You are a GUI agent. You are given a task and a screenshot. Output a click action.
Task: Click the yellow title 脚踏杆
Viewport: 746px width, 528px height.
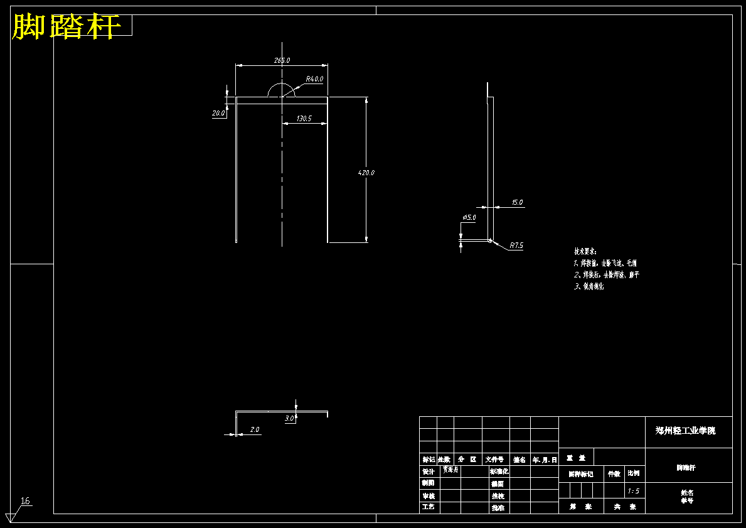[x=66, y=27]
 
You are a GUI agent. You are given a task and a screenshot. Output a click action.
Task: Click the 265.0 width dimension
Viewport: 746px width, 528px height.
[x=282, y=60]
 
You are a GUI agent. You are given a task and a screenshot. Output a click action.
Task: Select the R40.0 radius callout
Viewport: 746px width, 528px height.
[x=314, y=79]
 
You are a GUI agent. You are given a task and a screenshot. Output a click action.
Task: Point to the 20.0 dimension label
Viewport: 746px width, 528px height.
[x=218, y=114]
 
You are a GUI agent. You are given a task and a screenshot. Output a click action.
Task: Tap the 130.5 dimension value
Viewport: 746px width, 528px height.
[x=304, y=118]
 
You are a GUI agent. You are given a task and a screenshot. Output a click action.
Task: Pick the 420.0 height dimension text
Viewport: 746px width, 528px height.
[x=366, y=172]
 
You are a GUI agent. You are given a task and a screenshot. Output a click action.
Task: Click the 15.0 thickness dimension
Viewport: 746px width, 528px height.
[x=517, y=202]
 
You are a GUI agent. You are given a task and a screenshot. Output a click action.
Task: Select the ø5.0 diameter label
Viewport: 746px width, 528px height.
[x=469, y=217]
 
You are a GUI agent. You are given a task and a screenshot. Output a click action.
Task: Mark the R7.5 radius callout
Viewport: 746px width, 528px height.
[x=516, y=245]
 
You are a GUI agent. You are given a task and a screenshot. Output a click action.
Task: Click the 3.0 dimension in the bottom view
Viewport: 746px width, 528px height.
[x=289, y=418]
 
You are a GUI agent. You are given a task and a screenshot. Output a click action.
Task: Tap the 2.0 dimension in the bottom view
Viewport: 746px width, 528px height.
[x=255, y=430]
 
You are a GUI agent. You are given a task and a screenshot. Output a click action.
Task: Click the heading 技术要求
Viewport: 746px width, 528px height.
[x=585, y=251]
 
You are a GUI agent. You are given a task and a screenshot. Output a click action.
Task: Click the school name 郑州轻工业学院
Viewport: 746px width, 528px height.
[x=685, y=431]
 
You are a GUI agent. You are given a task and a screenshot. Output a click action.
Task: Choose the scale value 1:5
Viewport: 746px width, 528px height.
[x=634, y=491]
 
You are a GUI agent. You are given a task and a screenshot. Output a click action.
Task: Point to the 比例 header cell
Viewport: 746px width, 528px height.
[x=634, y=474]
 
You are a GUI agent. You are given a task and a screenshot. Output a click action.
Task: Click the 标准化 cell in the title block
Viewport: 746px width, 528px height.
[x=499, y=471]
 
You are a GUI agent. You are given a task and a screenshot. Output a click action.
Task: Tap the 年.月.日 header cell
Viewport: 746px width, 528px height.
[x=544, y=460]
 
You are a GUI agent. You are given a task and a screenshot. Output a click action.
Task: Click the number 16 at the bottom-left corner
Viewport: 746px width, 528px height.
[x=26, y=501]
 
